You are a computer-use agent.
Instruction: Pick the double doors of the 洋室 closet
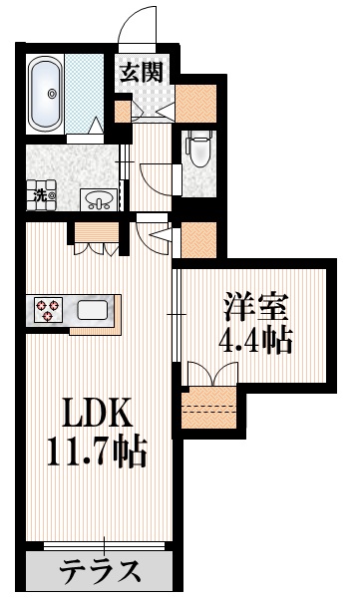pos(210,373)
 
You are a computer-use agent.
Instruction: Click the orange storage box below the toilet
pos(197,239)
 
